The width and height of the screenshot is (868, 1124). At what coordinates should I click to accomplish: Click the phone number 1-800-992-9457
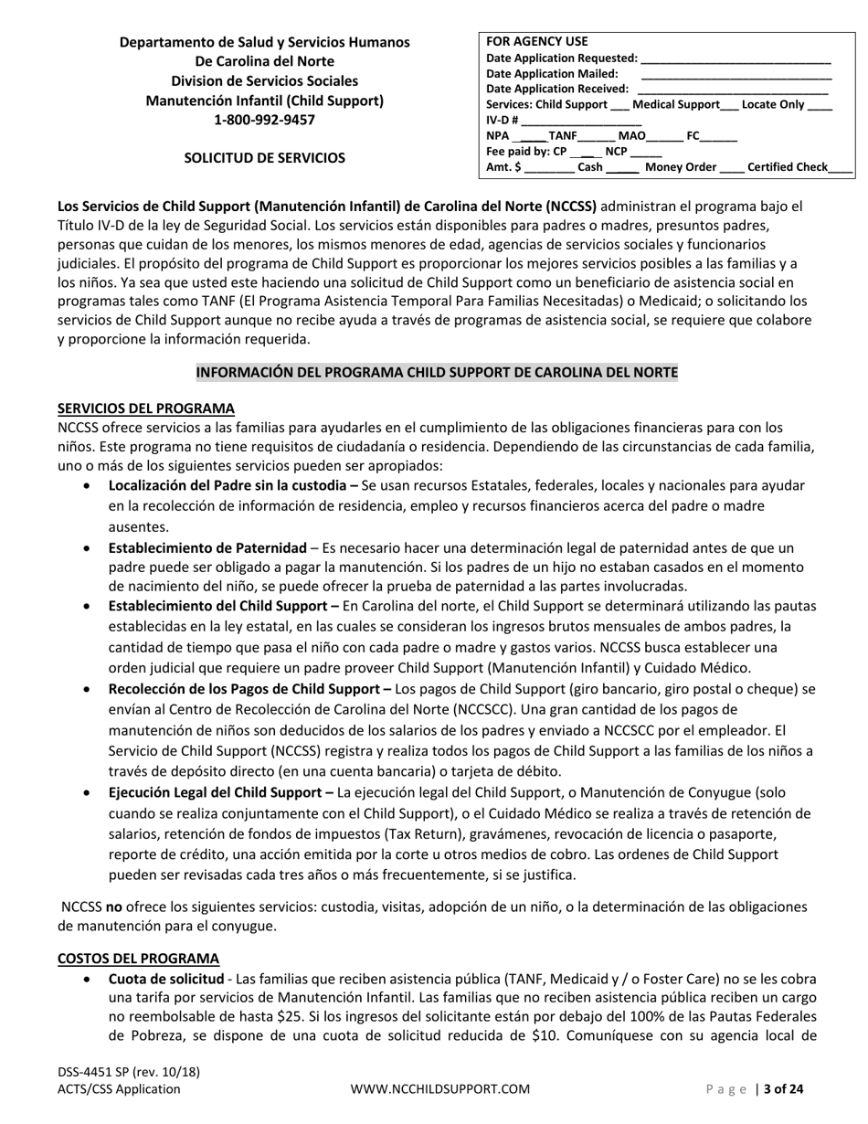[264, 120]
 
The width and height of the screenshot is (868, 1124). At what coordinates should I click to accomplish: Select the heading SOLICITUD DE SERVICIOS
[264, 158]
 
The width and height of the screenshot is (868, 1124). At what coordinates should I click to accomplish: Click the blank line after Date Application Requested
[736, 58]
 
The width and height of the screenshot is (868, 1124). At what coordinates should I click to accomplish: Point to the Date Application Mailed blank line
[736, 75]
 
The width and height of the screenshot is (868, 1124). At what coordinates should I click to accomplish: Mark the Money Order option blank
[731, 167]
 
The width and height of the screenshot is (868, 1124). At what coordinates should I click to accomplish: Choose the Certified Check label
[787, 167]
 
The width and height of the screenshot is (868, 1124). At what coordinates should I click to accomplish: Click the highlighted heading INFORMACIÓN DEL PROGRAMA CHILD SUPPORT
[437, 373]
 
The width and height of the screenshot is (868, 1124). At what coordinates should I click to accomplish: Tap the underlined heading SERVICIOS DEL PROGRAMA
[146, 408]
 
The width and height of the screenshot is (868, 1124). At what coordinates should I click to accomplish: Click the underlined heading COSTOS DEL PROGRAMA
[139, 958]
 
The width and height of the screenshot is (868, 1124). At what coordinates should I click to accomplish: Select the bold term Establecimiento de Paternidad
[207, 548]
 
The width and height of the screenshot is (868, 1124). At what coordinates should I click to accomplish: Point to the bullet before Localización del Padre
[87, 486]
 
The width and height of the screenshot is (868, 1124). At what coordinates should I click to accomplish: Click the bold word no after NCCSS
[114, 907]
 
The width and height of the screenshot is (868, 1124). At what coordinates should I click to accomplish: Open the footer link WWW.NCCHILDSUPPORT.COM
[440, 1088]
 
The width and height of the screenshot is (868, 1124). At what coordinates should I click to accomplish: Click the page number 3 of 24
[783, 1088]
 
